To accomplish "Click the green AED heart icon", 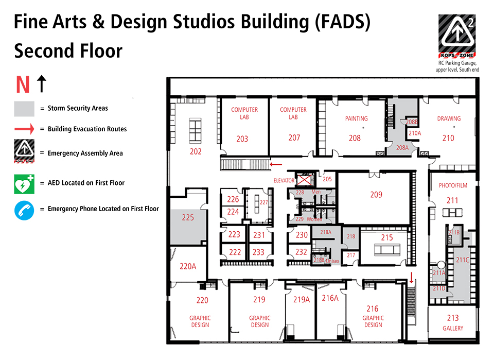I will pos(24,183).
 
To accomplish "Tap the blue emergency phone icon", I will pos(24,210).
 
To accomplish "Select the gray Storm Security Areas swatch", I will pos(24,109).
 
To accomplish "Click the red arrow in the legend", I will pos(24,129).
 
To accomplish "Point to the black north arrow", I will pos(41,83).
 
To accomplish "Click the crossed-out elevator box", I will pos(305,180).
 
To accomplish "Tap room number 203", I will pos(242,139).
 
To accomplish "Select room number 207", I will pos(294,138).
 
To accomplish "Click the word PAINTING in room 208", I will pos(356,118).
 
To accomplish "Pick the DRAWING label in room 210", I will pos(449,118).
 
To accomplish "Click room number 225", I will pos(188,218).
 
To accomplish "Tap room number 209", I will pos(376,194).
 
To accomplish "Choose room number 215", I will pos(387,237).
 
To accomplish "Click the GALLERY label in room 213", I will pos(453,328).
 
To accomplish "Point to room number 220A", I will pos(188,266).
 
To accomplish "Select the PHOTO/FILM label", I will pos(453,185).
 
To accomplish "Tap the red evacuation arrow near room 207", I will pos(276,165).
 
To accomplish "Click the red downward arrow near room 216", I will pos(411,279).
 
